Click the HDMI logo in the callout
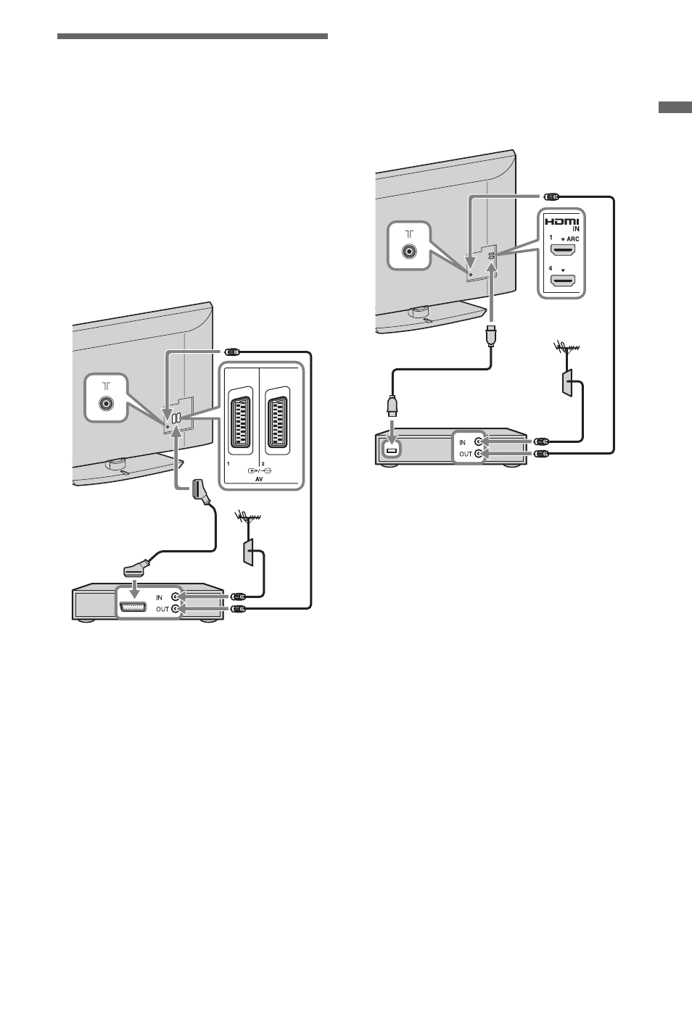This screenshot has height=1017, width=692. pyautogui.click(x=561, y=222)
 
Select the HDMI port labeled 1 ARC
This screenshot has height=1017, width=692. pyautogui.click(x=562, y=250)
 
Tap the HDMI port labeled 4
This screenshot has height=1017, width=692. pyautogui.click(x=562, y=281)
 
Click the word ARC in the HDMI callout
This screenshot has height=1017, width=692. pyautogui.click(x=573, y=238)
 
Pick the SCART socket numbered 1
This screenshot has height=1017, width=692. pyautogui.click(x=240, y=421)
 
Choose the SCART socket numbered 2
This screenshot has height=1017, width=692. pyautogui.click(x=277, y=421)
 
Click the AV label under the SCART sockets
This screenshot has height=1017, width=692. pyautogui.click(x=259, y=479)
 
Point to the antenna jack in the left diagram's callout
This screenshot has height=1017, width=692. pyautogui.click(x=107, y=403)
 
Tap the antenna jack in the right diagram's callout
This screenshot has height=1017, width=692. pyautogui.click(x=409, y=251)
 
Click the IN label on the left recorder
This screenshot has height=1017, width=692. pyautogui.click(x=159, y=597)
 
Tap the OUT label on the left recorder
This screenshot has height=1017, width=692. pyautogui.click(x=162, y=610)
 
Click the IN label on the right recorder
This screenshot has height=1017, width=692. pyautogui.click(x=463, y=443)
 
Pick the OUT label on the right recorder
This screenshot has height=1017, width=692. pyautogui.click(x=466, y=454)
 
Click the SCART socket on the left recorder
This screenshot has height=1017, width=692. pyautogui.click(x=133, y=607)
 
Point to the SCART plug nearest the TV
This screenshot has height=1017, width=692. pyautogui.click(x=200, y=490)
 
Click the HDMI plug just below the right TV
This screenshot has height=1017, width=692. pyautogui.click(x=491, y=335)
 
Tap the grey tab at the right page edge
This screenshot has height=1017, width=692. pyautogui.click(x=675, y=107)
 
